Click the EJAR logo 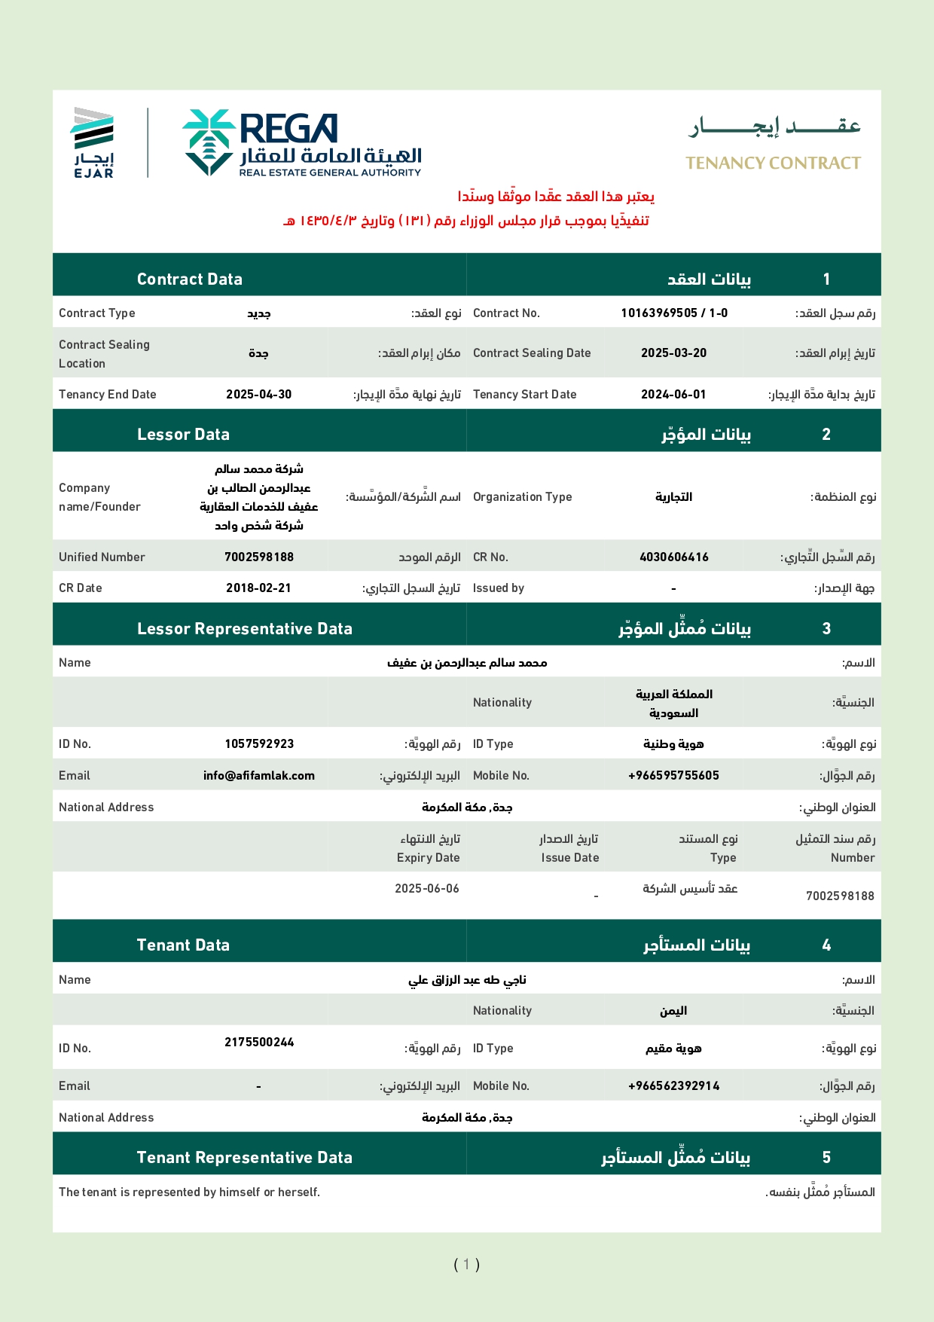(93, 142)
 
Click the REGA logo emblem (209, 142)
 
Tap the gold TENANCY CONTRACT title (773, 163)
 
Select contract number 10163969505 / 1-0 (674, 313)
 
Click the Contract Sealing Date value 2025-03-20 (673, 353)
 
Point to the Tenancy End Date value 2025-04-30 (258, 394)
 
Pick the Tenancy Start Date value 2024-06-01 (673, 394)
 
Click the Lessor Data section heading (183, 434)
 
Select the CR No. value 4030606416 (673, 557)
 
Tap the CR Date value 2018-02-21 (258, 588)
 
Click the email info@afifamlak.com (258, 775)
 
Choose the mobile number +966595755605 (673, 775)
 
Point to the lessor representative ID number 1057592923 (258, 743)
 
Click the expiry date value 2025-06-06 (426, 888)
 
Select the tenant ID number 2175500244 (258, 1042)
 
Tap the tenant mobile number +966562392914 (673, 1085)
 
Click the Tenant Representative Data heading (244, 1157)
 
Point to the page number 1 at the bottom (466, 1264)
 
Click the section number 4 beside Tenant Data (826, 945)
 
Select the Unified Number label (102, 557)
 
